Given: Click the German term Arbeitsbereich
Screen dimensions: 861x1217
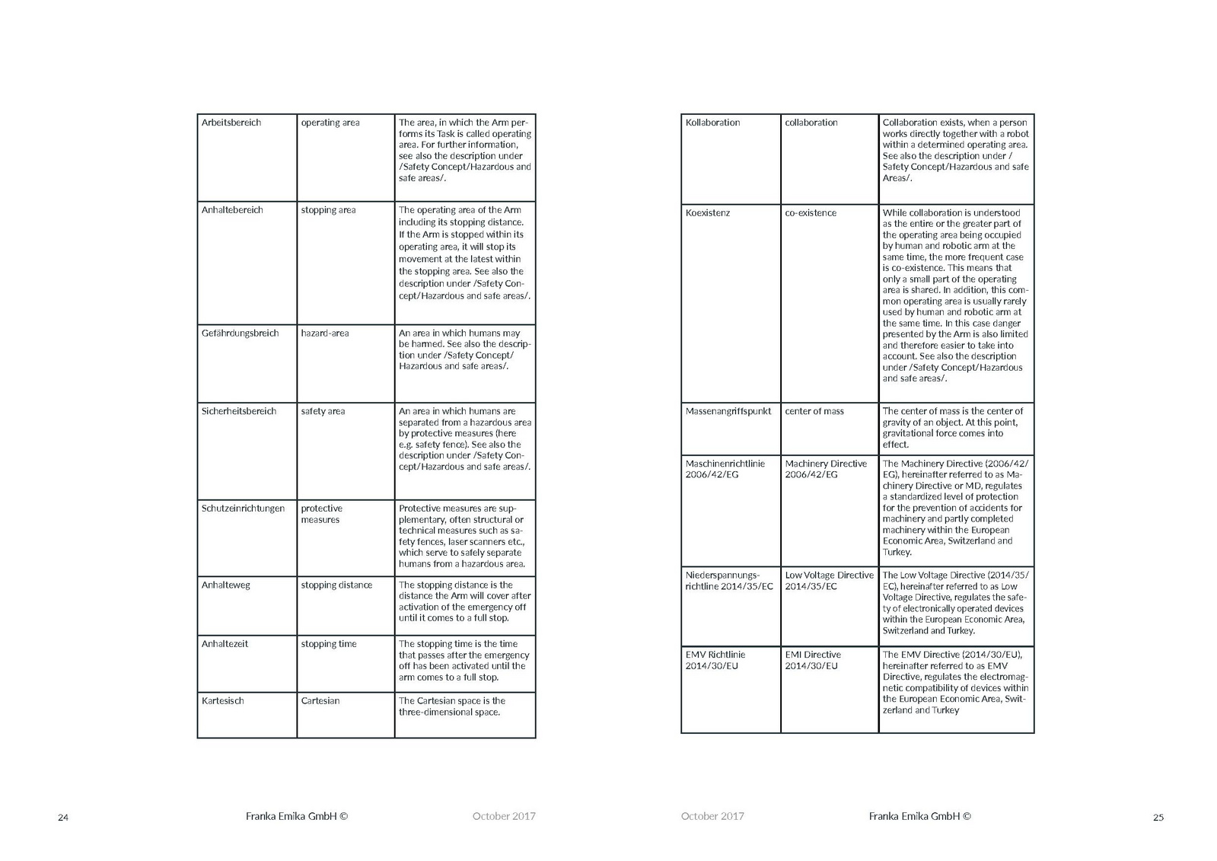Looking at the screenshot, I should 231,123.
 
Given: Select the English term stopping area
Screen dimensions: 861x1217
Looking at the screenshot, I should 328,210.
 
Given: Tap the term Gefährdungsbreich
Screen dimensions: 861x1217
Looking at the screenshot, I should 240,333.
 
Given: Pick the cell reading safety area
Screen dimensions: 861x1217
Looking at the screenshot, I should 323,411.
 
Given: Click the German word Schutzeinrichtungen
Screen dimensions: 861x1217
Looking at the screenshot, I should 243,509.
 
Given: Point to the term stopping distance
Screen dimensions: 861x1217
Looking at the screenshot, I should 336,585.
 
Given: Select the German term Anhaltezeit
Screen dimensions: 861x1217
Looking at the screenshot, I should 225,644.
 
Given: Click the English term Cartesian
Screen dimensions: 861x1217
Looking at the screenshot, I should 320,701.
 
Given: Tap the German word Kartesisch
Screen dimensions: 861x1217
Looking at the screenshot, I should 222,701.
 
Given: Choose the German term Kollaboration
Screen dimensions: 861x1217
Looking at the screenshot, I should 712,123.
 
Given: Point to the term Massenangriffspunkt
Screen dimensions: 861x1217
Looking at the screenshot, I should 728,411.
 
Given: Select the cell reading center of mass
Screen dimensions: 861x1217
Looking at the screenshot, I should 814,411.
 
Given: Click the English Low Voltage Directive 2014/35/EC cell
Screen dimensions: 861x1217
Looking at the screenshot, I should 829,581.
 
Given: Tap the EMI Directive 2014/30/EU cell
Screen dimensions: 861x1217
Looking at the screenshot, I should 813,660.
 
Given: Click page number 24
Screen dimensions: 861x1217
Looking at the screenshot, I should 63,818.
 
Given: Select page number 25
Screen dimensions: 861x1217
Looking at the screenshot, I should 1158,818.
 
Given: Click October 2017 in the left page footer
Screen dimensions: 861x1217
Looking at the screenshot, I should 504,816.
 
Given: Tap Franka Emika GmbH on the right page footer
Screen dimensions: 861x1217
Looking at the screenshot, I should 919,816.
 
